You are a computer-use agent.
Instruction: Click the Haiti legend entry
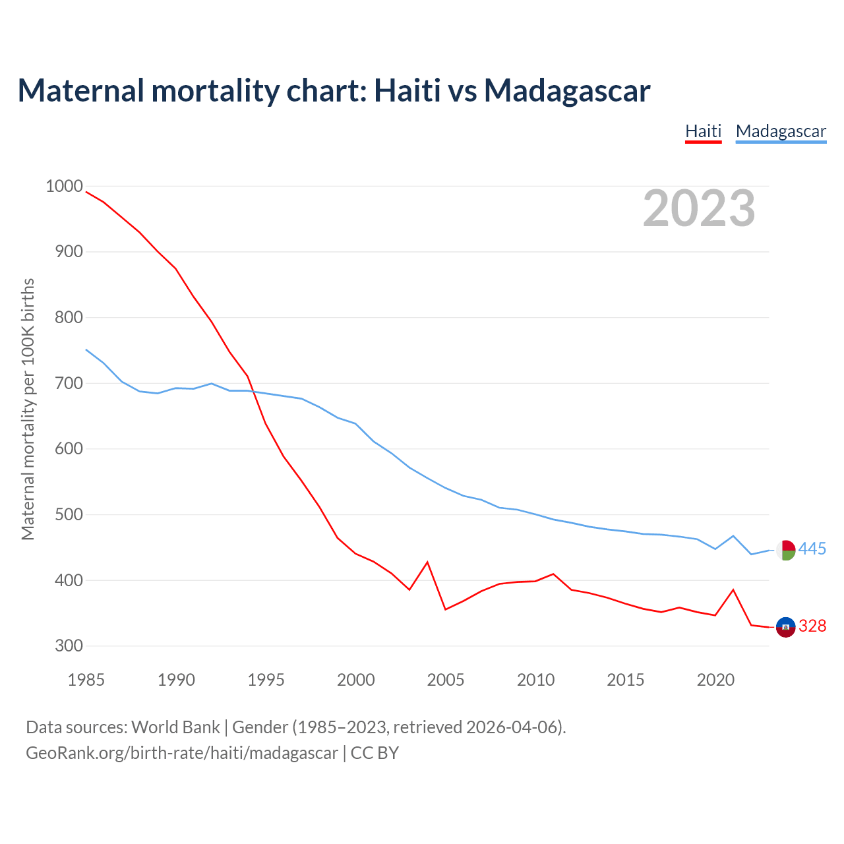tap(703, 131)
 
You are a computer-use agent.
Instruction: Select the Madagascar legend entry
tap(781, 131)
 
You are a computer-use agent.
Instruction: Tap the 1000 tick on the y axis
tap(64, 187)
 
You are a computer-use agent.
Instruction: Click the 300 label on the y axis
tap(69, 646)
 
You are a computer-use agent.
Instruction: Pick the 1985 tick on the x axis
tap(86, 680)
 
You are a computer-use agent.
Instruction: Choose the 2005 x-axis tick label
tap(446, 680)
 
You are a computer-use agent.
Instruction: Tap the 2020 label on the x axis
tap(715, 680)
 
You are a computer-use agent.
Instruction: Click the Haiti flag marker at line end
tap(785, 627)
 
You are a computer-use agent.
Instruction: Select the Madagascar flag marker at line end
tap(785, 550)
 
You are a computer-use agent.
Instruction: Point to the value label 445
tap(812, 549)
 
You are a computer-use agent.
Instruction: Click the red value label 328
tap(812, 626)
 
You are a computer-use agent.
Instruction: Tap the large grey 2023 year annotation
tap(699, 208)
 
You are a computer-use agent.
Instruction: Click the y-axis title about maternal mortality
tap(28, 409)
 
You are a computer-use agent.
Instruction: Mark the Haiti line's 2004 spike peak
tap(427, 562)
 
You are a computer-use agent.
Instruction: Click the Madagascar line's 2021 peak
tap(733, 536)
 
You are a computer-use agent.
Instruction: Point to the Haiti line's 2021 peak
tap(733, 589)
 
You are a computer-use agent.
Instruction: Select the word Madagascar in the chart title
tap(567, 90)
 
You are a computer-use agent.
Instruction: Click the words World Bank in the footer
tap(175, 727)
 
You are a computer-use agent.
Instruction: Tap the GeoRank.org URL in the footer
tap(181, 753)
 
